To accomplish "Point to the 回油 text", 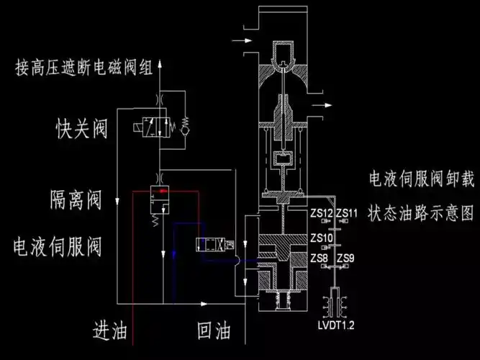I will point(214,331).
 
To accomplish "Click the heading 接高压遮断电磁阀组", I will point(84,68).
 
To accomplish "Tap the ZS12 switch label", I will point(321,214).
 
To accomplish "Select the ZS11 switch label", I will point(347,214).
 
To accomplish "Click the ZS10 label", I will point(322,238).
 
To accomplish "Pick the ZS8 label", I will point(319,258).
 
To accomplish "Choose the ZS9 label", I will point(345,258).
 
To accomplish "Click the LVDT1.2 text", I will point(336,325).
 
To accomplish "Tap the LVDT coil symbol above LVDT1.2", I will point(336,302).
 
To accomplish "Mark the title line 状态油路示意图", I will point(422,214).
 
